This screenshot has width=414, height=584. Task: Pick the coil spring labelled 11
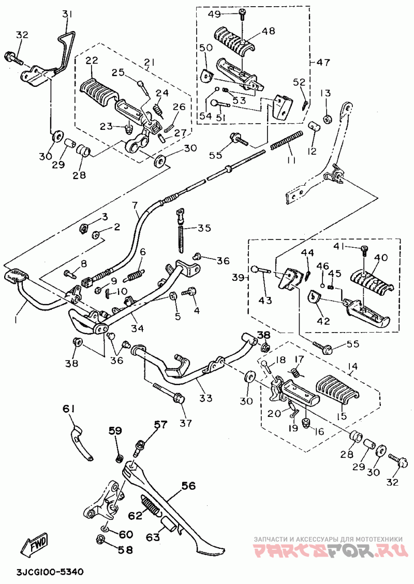[x=285, y=142]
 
